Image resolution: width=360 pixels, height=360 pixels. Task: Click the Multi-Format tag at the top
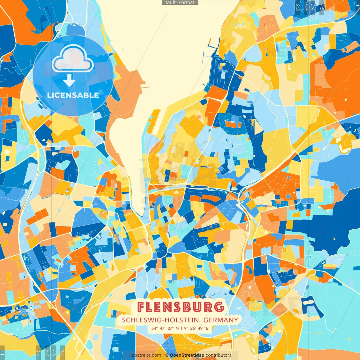(180, 3)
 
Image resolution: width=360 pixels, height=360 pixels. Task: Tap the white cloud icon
(73, 59)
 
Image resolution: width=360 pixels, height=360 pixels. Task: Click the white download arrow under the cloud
(69, 81)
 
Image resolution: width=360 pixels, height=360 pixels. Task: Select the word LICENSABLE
(73, 95)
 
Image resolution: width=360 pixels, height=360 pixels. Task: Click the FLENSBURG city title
(181, 307)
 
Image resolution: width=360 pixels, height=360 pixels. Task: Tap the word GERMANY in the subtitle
(221, 320)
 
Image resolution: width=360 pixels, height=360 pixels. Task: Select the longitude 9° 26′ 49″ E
(196, 328)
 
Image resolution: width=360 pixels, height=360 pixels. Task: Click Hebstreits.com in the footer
(145, 355)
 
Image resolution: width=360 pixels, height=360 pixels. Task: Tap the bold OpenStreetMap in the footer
(187, 355)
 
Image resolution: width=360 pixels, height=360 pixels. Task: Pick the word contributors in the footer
(219, 355)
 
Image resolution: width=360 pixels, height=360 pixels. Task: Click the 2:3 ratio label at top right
(298, 7)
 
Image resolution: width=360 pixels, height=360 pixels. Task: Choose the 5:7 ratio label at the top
(306, 7)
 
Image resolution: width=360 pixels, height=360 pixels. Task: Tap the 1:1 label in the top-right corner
(357, 7)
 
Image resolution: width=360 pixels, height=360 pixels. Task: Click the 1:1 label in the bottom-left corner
(3, 352)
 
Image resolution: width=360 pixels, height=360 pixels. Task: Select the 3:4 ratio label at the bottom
(47, 352)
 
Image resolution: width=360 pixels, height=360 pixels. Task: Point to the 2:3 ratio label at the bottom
(62, 352)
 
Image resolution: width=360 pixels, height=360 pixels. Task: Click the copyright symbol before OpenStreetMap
(167, 355)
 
